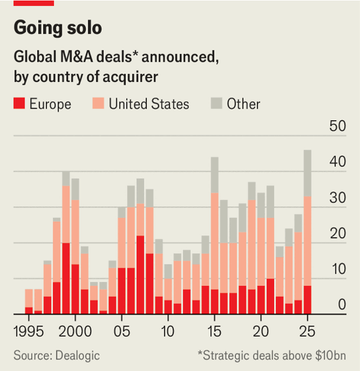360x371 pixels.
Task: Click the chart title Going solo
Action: [58, 28]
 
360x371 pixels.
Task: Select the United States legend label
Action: [149, 104]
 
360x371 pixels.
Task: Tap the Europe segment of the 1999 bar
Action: [66, 279]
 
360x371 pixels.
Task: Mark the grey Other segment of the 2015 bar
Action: [214, 175]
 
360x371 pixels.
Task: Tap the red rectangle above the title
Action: [34, 3]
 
